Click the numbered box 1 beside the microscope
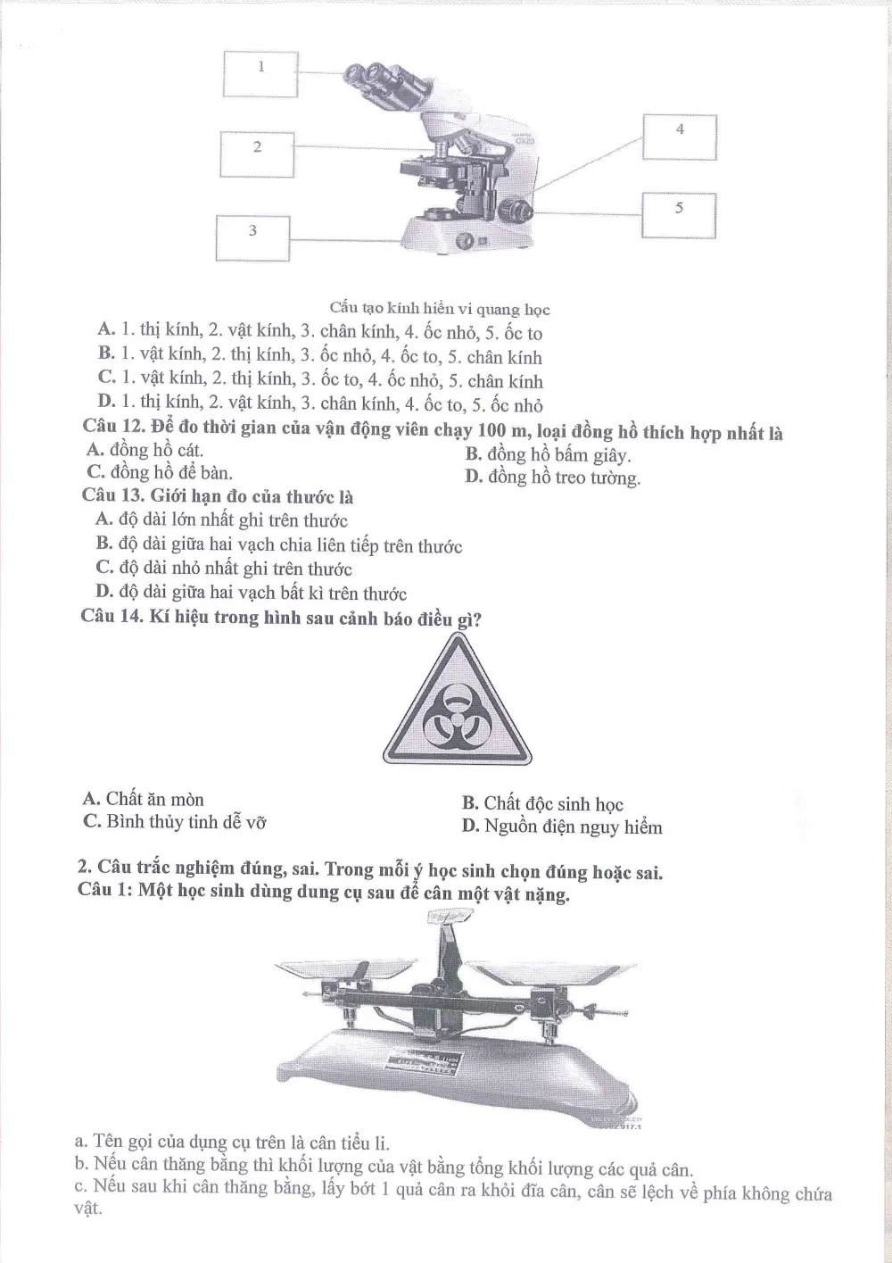tap(260, 74)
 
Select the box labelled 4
tap(680, 137)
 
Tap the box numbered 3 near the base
tap(253, 238)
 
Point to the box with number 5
tap(679, 215)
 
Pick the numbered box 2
tap(257, 154)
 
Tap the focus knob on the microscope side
tap(515, 211)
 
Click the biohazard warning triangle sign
tap(457, 700)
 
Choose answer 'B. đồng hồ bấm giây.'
tap(548, 454)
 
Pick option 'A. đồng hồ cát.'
tap(145, 450)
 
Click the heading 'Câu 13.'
tap(114, 495)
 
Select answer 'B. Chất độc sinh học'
tap(542, 803)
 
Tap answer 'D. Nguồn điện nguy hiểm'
tap(562, 827)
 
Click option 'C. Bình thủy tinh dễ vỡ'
tap(175, 821)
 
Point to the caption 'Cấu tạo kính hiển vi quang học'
tap(440, 309)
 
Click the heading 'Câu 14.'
tap(112, 616)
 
